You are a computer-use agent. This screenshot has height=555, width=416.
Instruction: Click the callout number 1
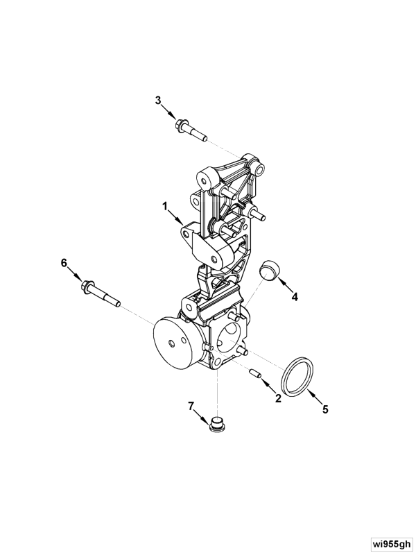pos(165,206)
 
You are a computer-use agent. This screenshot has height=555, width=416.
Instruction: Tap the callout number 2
pos(278,398)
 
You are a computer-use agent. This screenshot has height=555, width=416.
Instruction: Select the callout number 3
pos(158,100)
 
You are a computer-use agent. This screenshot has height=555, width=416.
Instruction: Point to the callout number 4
pos(295,297)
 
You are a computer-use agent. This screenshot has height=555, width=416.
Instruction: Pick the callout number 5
pos(325,409)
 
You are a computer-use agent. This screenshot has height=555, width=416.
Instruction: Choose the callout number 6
pos(64,263)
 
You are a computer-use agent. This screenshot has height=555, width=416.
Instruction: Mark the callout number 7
pos(191,406)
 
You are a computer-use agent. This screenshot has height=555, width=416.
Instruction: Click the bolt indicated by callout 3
pos(191,130)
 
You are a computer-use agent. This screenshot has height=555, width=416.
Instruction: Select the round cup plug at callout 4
pos(269,268)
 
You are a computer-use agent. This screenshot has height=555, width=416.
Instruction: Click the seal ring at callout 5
pos(297,377)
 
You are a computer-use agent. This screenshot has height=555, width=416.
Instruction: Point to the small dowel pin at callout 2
pos(255,373)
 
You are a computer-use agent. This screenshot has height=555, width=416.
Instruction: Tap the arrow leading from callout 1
pos(175,217)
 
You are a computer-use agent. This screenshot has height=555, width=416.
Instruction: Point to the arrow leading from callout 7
pos(202,416)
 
